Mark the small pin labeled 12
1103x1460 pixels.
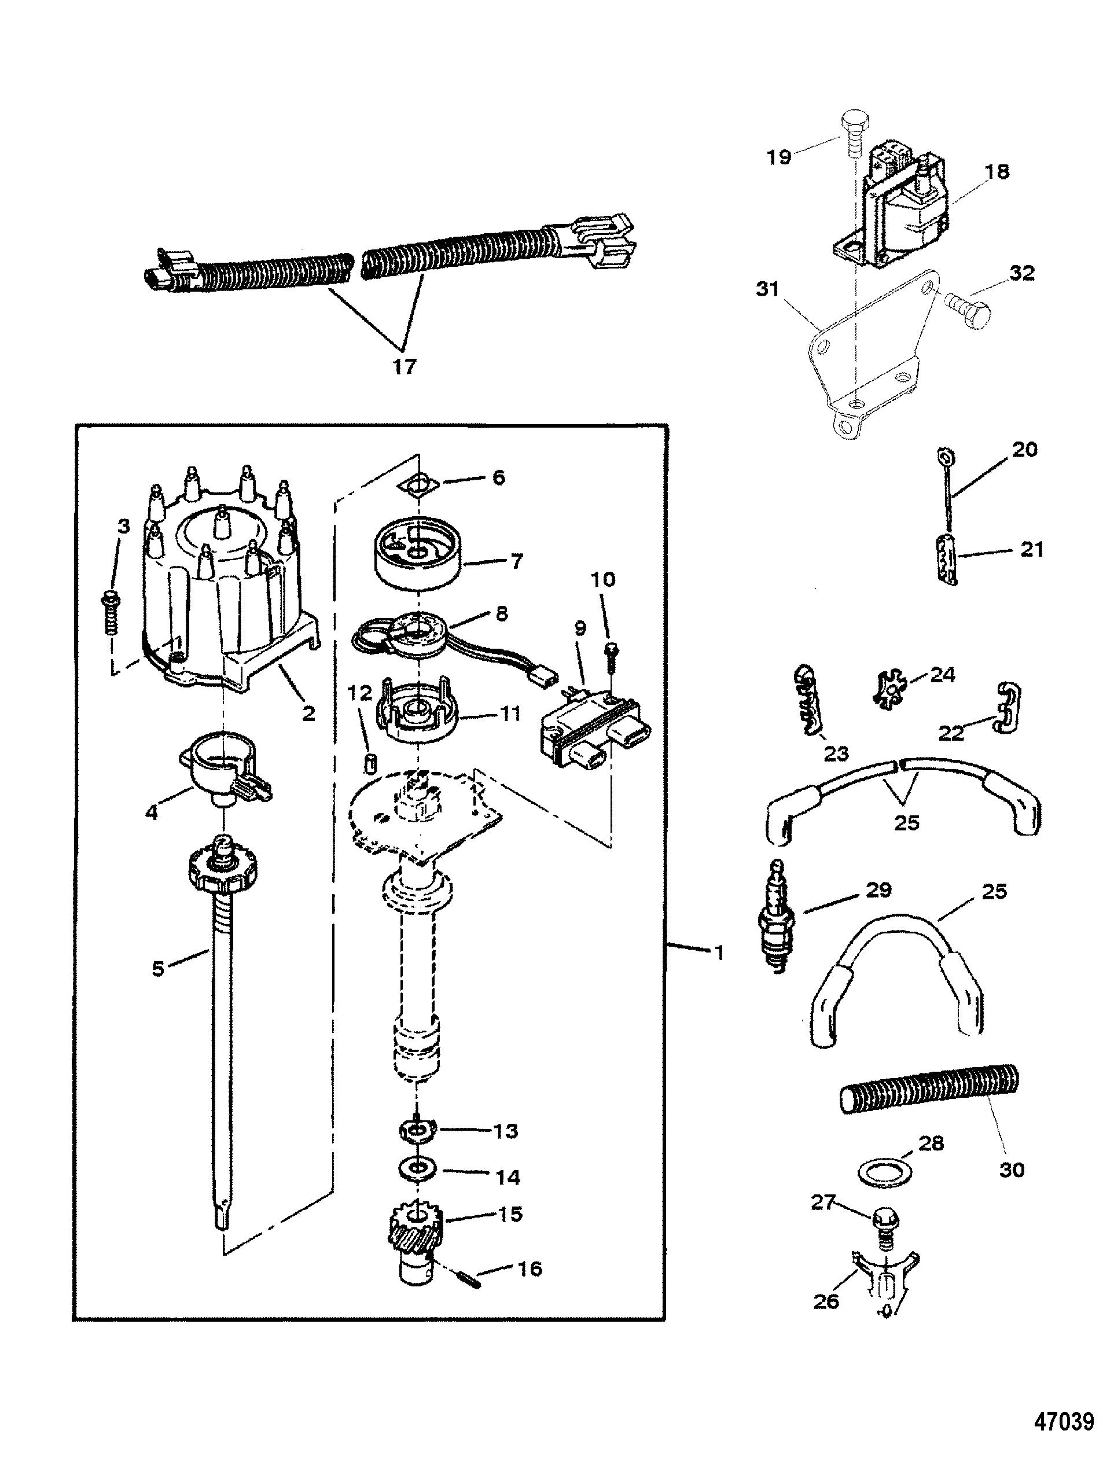tap(370, 766)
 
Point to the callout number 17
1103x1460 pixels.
tap(405, 366)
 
